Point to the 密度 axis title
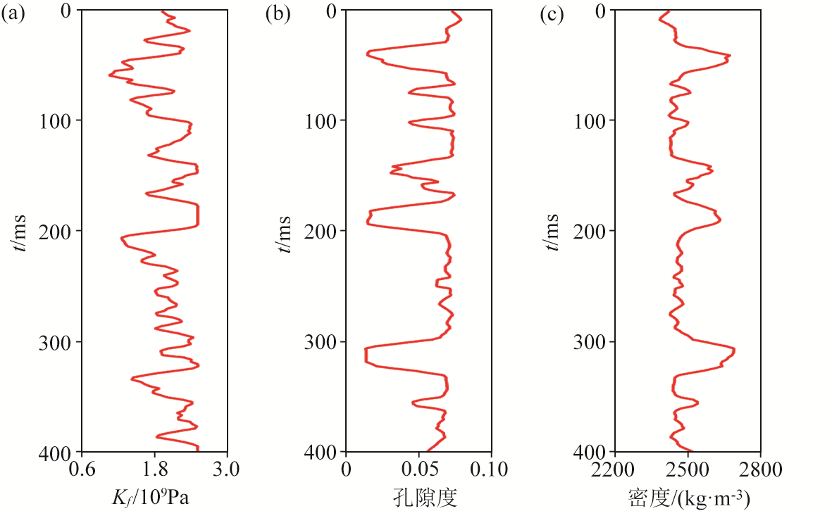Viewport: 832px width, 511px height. pyautogui.click(x=688, y=498)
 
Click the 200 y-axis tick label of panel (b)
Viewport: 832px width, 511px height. pyautogui.click(x=321, y=231)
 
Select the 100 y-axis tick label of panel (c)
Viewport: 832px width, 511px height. pyautogui.click(x=592, y=120)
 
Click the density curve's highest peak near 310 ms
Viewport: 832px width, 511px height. pyautogui.click(x=734, y=350)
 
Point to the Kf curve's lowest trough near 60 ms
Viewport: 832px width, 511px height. pyautogui.click(x=110, y=75)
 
